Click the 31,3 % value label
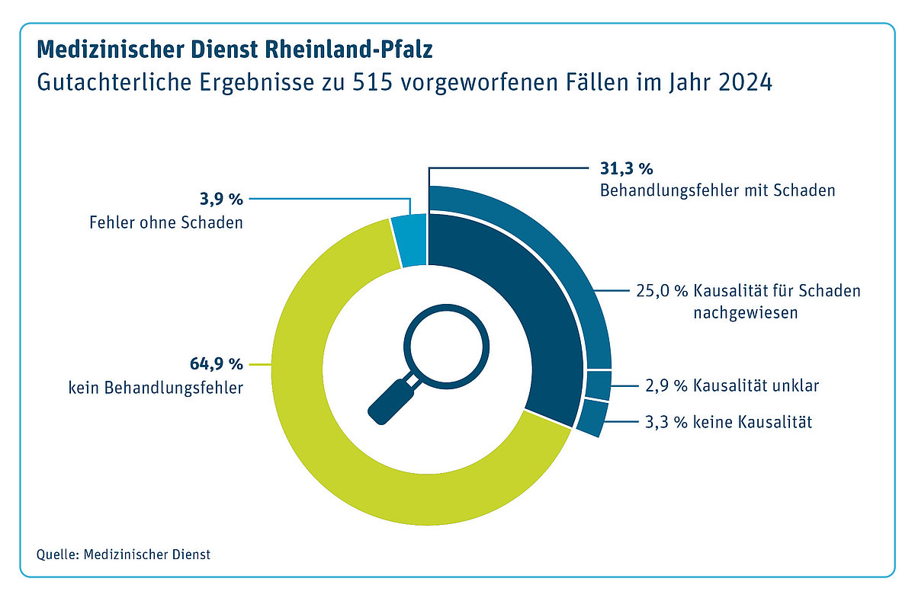tap(622, 169)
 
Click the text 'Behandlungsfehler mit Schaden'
tap(717, 190)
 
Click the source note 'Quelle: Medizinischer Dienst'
tap(123, 555)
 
